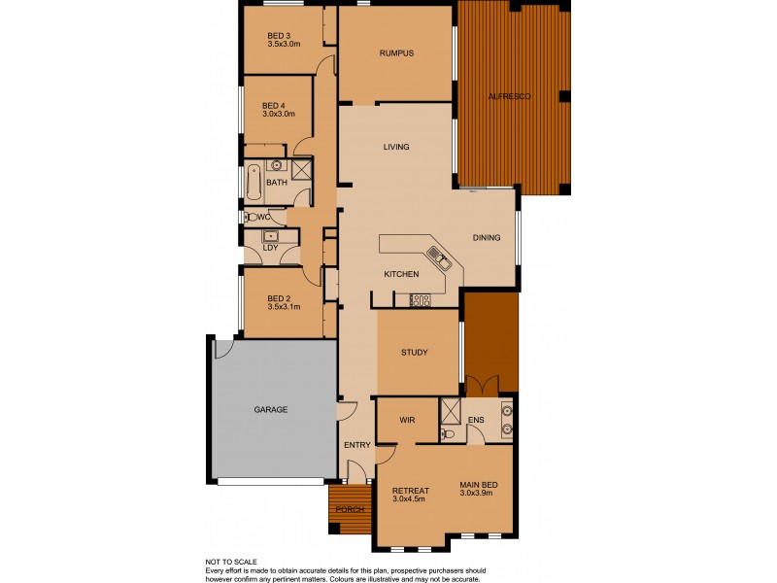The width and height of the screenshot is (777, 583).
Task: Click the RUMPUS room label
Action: pyautogui.click(x=397, y=53)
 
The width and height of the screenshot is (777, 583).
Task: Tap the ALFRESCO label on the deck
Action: pyautogui.click(x=508, y=97)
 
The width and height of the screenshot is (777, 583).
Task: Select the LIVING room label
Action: pyautogui.click(x=396, y=148)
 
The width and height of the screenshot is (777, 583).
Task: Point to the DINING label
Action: pyautogui.click(x=487, y=238)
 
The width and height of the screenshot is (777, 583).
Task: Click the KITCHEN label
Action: pyautogui.click(x=401, y=274)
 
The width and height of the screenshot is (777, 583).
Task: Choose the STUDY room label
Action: pyautogui.click(x=415, y=353)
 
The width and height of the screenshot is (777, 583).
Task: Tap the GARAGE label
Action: pyautogui.click(x=271, y=410)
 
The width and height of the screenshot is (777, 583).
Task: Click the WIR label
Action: pyautogui.click(x=408, y=421)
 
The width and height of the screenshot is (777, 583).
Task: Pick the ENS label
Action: pyautogui.click(x=476, y=421)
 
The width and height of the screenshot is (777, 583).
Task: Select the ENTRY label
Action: pyautogui.click(x=357, y=445)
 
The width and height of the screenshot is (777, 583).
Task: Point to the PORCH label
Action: pyautogui.click(x=350, y=510)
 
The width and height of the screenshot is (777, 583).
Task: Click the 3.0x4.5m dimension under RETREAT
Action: pyautogui.click(x=410, y=500)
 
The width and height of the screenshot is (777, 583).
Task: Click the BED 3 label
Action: pyautogui.click(x=280, y=37)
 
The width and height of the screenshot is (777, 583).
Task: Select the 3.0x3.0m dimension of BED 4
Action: pyautogui.click(x=279, y=114)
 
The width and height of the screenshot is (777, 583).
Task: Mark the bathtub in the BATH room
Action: pyautogui.click(x=253, y=181)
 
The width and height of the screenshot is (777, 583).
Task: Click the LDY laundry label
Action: pyautogui.click(x=271, y=248)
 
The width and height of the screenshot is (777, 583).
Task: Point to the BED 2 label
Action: pyautogui.click(x=280, y=298)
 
